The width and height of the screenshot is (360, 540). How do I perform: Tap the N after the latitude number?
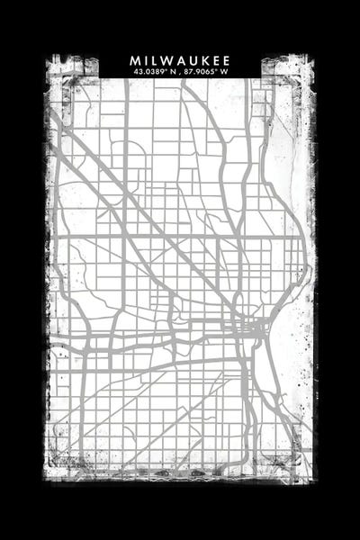(x=174, y=72)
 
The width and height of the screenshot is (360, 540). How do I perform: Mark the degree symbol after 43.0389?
(x=167, y=69)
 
